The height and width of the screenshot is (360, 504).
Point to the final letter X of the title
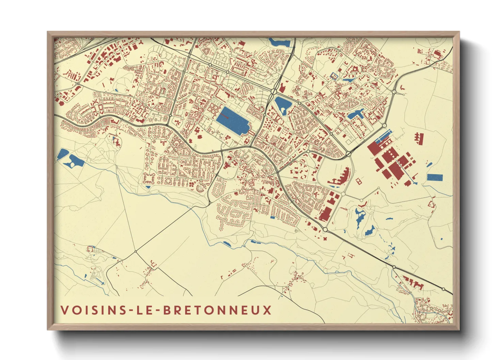click(268, 310)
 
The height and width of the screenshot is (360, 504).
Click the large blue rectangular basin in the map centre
click(233, 120)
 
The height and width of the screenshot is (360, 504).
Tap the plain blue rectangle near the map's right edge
click(435, 177)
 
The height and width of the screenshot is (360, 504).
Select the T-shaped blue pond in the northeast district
click(356, 114)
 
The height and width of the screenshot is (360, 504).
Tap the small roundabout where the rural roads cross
click(136, 251)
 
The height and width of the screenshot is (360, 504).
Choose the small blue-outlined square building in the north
click(334, 76)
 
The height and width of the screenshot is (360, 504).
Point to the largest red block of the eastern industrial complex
click(395, 170)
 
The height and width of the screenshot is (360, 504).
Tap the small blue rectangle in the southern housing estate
click(272, 217)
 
